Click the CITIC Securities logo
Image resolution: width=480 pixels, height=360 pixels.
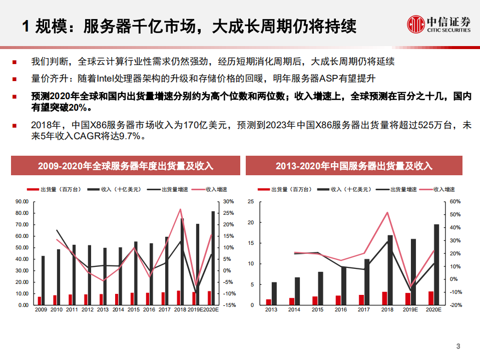pyautogui.click(x=438, y=24)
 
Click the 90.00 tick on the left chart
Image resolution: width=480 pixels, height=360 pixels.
pyautogui.click(x=22, y=202)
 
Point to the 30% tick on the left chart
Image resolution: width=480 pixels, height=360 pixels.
pyautogui.click(x=228, y=202)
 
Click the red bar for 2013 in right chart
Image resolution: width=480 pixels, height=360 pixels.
pyautogui.click(x=269, y=302)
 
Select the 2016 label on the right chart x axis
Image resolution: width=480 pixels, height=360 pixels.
pyautogui.click(x=341, y=310)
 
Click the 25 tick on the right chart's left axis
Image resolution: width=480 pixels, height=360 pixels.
pyautogui.click(x=251, y=202)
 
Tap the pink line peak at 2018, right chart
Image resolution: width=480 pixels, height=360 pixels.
pyautogui.click(x=387, y=212)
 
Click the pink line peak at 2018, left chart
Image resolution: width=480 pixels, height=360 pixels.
pyautogui.click(x=180, y=209)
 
